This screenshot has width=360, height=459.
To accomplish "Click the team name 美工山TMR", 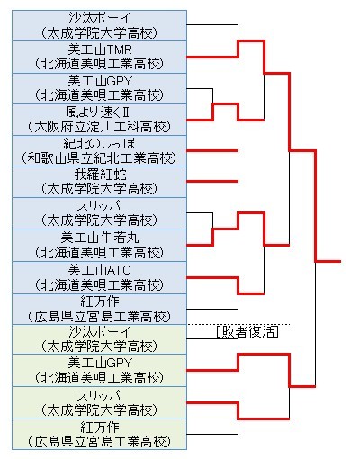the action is coord(100,49).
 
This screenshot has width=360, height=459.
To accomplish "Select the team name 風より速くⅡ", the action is coord(98,112).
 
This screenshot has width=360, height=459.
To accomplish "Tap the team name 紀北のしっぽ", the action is coord(99,144).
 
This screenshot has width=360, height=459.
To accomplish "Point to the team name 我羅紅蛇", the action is coord(100,175).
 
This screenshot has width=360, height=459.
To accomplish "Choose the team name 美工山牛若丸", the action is coord(100,238).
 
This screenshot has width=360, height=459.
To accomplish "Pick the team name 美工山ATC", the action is coord(99,270).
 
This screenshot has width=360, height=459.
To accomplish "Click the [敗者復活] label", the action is coord(247,332).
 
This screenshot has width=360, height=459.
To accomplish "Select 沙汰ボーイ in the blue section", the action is coord(100,18).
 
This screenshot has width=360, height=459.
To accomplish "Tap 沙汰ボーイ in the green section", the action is coord(100,332).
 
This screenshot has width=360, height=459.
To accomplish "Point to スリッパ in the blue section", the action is coord(99,206).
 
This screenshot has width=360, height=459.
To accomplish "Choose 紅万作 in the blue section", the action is coord(100,301).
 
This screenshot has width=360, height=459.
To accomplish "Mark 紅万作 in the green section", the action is coord(100,427).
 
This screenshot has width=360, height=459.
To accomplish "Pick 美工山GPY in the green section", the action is coord(100,364).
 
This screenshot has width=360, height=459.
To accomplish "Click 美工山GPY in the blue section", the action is coord(100,81).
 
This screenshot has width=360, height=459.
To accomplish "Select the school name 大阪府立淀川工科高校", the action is coord(99,127).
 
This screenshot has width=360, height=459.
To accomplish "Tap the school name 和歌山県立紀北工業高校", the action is coord(99,158).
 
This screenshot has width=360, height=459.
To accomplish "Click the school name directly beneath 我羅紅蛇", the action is coord(99,190).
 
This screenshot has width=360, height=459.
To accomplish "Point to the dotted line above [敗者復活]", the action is coord(238,324).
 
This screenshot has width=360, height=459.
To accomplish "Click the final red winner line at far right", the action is coord(328,261).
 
